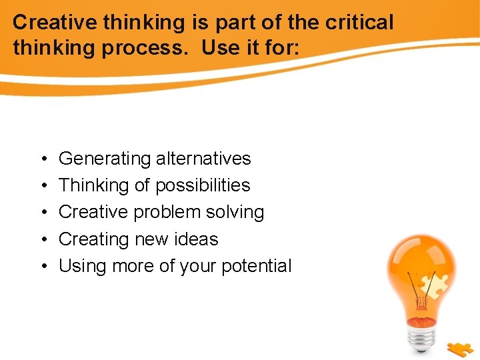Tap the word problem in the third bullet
[x=166, y=212]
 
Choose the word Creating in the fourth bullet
[x=91, y=239]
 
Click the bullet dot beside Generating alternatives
[x=42, y=159]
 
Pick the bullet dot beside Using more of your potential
[x=42, y=266]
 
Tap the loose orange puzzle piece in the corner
[x=461, y=349]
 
